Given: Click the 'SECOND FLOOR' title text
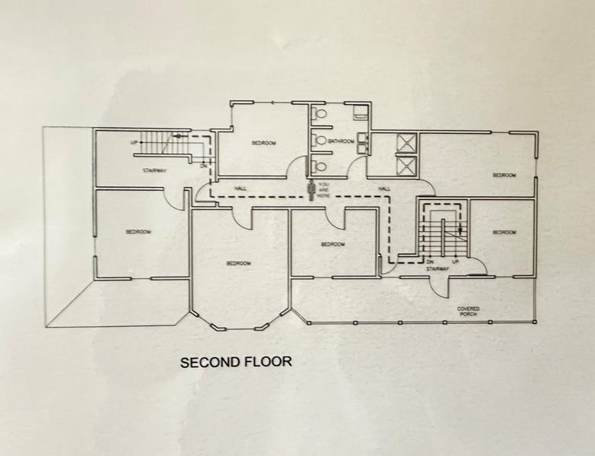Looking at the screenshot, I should (235, 362).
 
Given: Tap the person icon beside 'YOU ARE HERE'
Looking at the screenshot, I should (310, 190).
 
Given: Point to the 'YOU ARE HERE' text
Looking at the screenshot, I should (324, 190).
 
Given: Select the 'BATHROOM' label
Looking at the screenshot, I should (341, 141).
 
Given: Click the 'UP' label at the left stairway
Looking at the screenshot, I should (134, 142).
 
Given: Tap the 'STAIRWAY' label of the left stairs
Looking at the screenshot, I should (154, 170).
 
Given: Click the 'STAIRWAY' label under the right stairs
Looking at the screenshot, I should (437, 268).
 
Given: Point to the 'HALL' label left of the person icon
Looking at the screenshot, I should (240, 188).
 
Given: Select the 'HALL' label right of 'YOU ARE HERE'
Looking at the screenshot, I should (384, 188).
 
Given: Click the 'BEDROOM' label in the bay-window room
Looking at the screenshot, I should (238, 263).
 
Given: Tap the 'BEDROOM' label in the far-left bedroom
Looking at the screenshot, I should (138, 231).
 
